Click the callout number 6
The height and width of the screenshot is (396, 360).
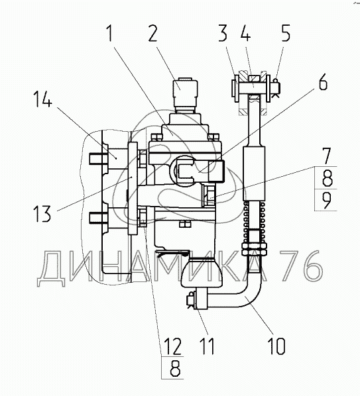click(x=323, y=81)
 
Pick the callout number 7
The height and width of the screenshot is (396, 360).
click(x=326, y=156)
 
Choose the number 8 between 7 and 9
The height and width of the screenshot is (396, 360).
click(x=327, y=177)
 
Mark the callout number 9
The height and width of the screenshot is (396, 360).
click(x=327, y=200)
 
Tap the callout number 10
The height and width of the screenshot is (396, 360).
click(x=276, y=346)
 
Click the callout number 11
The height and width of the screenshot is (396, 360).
click(x=207, y=346)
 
